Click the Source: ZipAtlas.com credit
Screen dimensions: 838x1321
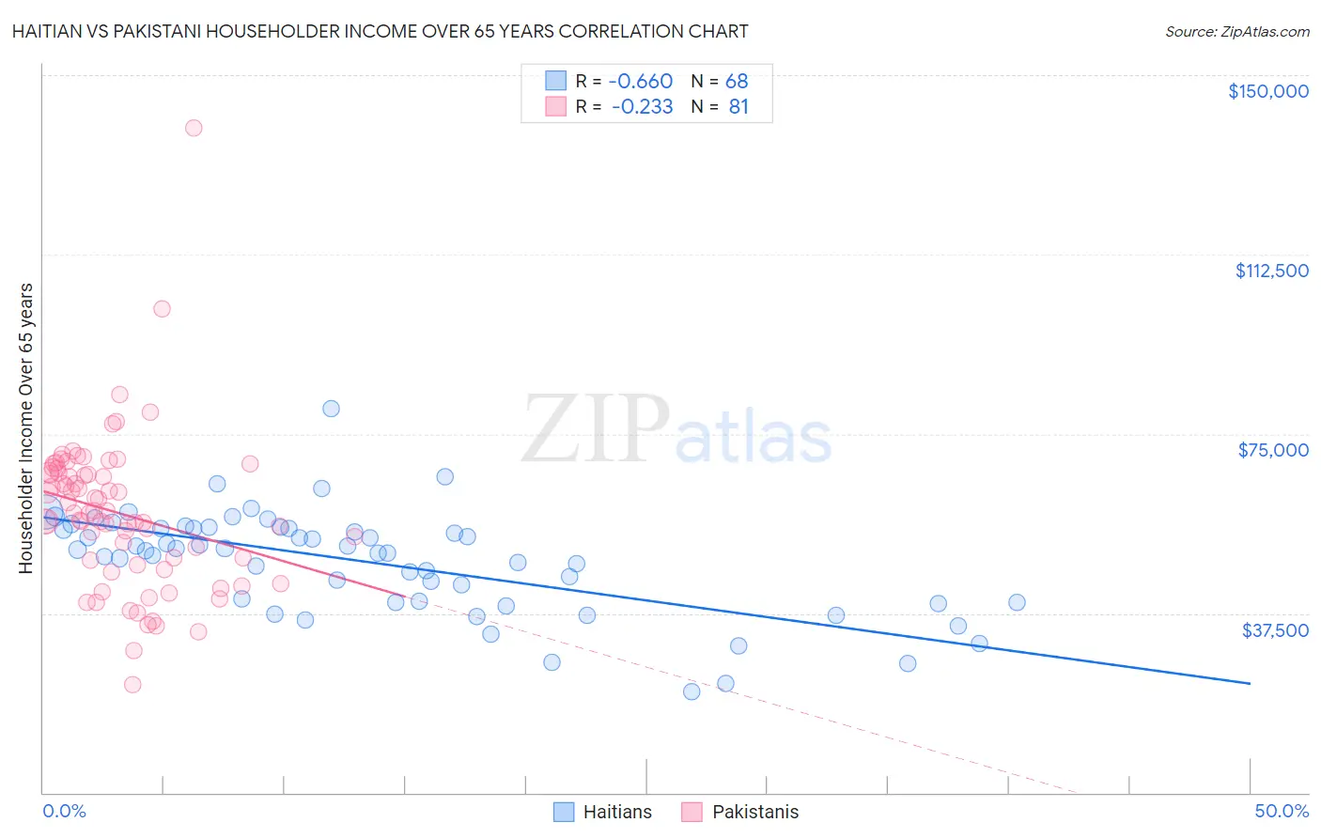click(x=1236, y=31)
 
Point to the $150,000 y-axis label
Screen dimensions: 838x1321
click(x=1267, y=91)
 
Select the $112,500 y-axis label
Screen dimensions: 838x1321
click(x=1271, y=271)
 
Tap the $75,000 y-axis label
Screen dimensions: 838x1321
click(x=1273, y=450)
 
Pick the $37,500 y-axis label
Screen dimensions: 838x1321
click(x=1275, y=630)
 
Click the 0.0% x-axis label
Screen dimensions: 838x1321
click(x=65, y=811)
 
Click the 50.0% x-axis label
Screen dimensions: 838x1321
click(x=1282, y=811)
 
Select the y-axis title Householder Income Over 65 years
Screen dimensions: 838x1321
click(x=26, y=428)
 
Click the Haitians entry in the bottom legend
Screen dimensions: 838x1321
click(x=616, y=812)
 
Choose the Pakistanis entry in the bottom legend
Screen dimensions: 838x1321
click(x=754, y=812)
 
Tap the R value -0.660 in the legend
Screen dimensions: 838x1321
click(x=642, y=81)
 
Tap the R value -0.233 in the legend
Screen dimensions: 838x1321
click(x=642, y=107)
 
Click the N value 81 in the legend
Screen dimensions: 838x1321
click(x=738, y=107)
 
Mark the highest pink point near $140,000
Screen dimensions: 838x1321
click(x=194, y=128)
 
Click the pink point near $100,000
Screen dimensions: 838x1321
click(x=162, y=308)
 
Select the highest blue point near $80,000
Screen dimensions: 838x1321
click(x=331, y=408)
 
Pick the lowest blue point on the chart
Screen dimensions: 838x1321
click(x=692, y=691)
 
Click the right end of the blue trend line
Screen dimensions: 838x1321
click(x=1250, y=683)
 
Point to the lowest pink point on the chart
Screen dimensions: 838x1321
click(x=132, y=685)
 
